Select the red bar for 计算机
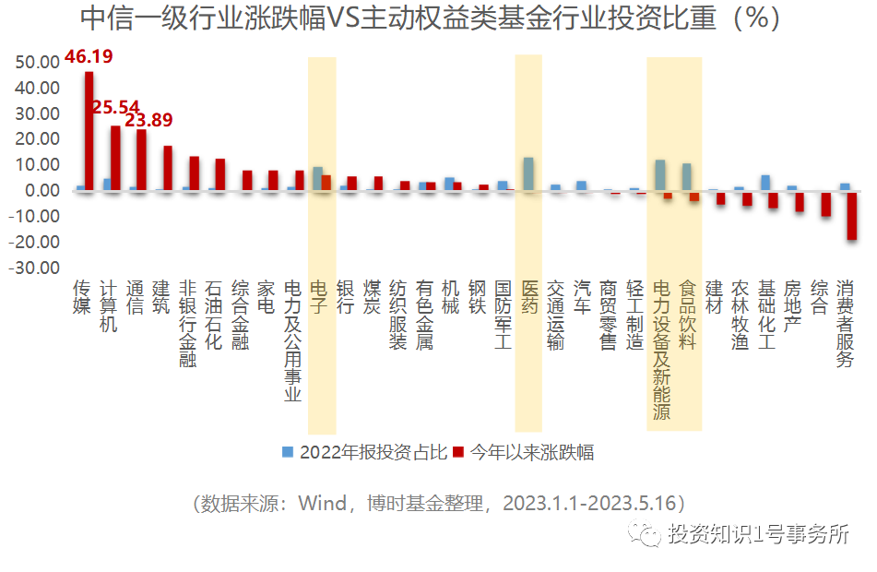[115, 158]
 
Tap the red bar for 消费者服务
[853, 215]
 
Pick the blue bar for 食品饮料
[686, 176]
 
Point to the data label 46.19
[89, 57]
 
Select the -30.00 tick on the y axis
[35, 268]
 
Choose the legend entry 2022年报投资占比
[364, 452]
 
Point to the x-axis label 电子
[319, 298]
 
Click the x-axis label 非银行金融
[188, 324]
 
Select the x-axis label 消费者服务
[845, 324]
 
